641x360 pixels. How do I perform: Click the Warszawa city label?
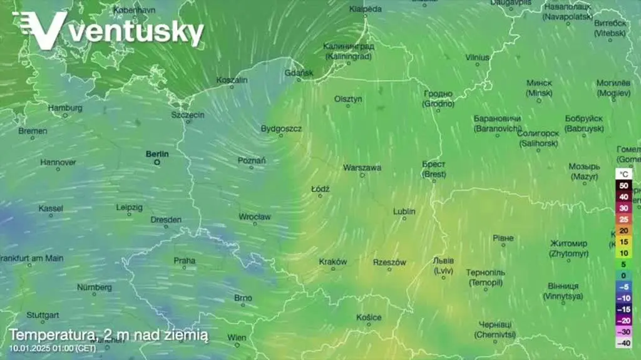tap(362, 168)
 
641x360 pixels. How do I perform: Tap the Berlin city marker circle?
tap(157, 162)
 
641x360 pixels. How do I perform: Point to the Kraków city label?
tap(333, 262)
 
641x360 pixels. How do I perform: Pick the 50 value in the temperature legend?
tap(623, 186)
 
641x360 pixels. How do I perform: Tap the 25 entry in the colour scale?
tap(623, 219)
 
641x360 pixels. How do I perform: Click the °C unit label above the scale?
tap(623, 173)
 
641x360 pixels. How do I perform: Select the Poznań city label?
tap(252, 161)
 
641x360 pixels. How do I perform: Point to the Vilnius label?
tap(477, 58)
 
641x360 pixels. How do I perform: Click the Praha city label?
tap(185, 260)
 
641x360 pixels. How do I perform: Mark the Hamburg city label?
tap(65, 108)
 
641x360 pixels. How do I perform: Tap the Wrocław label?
tap(255, 217)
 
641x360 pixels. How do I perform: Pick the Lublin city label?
tap(404, 212)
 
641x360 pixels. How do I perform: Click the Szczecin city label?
tap(188, 115)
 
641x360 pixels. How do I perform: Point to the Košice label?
tap(369, 317)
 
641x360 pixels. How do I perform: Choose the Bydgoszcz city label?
tap(281, 129)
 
